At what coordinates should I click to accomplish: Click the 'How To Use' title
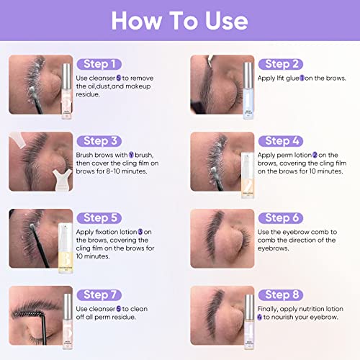tap(180, 22)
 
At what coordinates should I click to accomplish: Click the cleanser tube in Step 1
tap(66, 90)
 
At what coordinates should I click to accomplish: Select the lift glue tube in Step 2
tap(246, 90)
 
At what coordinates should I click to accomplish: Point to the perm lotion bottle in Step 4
tap(246, 173)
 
